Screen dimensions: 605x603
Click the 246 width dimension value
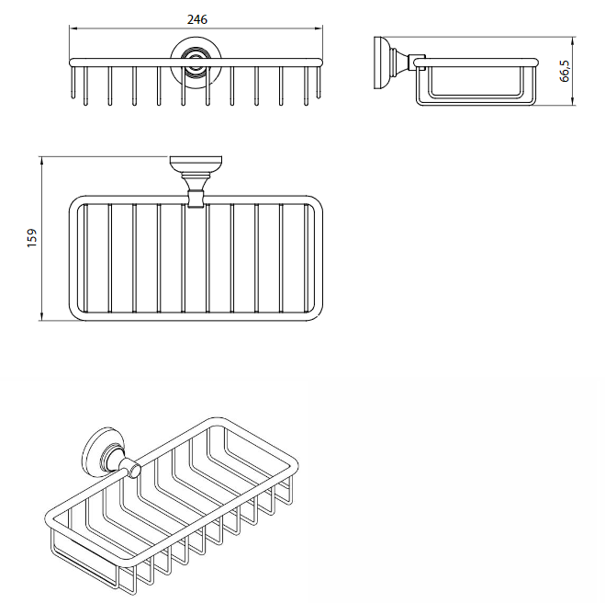pyautogui.click(x=196, y=19)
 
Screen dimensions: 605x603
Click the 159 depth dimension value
pyautogui.click(x=32, y=238)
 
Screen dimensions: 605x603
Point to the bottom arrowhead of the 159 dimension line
pyautogui.click(x=41, y=316)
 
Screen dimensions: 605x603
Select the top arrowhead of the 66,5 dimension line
pyautogui.click(x=573, y=41)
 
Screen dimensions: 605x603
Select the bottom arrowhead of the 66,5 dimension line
pyautogui.click(x=573, y=100)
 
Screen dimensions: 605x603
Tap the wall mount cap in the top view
pyautogui.click(x=196, y=163)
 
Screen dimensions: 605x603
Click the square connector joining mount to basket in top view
pyautogui.click(x=196, y=199)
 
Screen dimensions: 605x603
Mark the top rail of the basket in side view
pyautogui.click(x=476, y=63)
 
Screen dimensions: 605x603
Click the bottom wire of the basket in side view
pyautogui.click(x=476, y=103)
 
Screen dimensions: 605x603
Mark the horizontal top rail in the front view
pyautogui.click(x=196, y=63)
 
